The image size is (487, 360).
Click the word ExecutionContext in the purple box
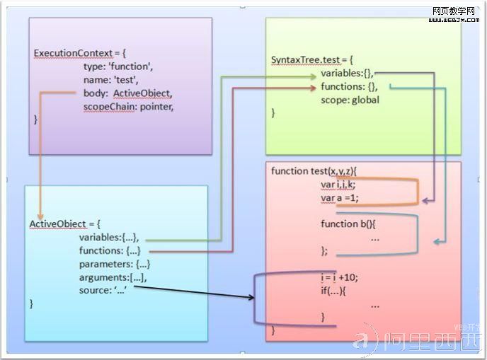pos(71,54)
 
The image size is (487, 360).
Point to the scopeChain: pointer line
pos(128,106)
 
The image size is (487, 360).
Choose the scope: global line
pos(350,100)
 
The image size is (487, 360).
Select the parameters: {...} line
pos(115,264)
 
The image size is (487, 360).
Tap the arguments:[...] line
pos(113,277)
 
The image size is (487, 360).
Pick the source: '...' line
pos(107,291)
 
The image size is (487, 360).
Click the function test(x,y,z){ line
pos(315,171)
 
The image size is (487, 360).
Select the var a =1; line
pos(340,198)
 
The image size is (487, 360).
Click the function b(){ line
pos(348,224)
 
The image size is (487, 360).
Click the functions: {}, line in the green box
pos(349,86)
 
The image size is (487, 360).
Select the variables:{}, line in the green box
pos(347,74)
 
